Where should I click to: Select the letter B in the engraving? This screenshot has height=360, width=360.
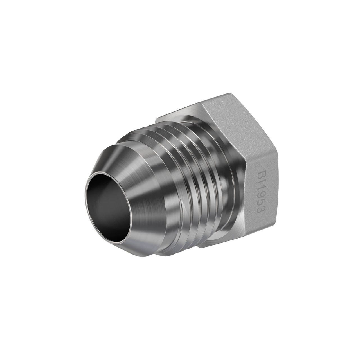[x=261, y=175]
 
